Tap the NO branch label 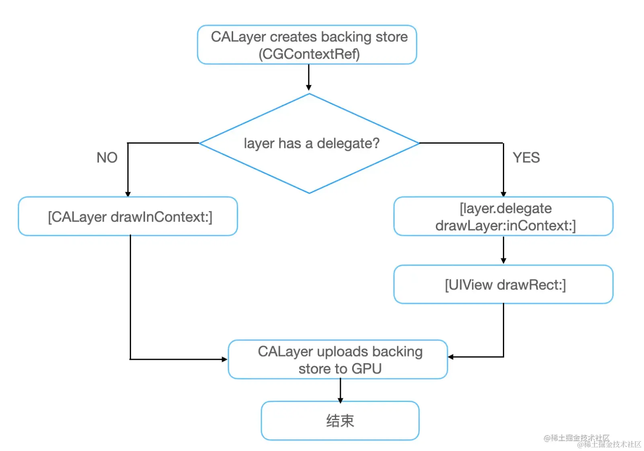point(107,158)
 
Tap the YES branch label point(526,158)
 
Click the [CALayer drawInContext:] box point(128,216)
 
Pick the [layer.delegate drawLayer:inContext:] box point(503,216)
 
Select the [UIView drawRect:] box point(503,285)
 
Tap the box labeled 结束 point(340,420)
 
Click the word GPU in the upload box point(366,369)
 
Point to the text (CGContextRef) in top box point(309,54)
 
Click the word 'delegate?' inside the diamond point(348,143)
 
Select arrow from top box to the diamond point(309,77)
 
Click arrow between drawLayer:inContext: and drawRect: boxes point(503,250)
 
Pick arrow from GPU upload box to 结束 point(340,390)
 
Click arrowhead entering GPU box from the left point(225,359)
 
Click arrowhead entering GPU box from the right point(451,357)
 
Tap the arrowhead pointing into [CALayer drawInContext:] point(128,194)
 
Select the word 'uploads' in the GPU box point(342,352)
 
